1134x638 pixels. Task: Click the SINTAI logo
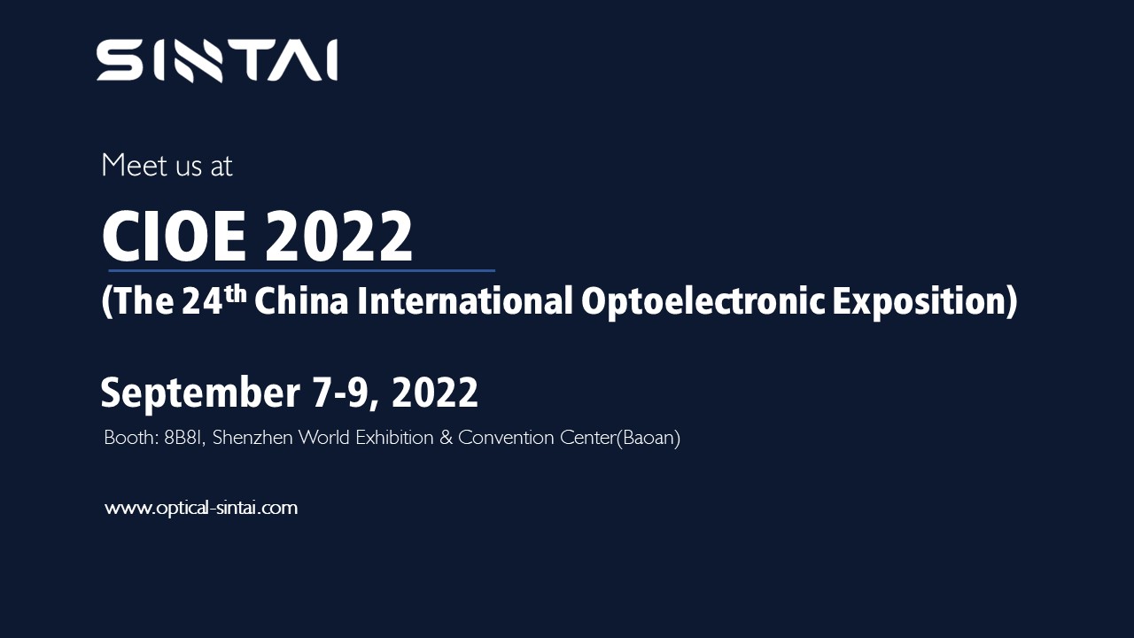(x=217, y=61)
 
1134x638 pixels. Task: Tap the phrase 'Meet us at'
(x=167, y=166)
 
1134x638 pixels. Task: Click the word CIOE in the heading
(x=175, y=237)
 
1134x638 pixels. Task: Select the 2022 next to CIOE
(x=339, y=237)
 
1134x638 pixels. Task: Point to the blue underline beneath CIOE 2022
(x=301, y=270)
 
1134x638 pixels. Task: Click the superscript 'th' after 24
(x=235, y=292)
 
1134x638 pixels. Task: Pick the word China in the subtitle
(x=300, y=301)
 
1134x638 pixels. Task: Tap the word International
(x=465, y=301)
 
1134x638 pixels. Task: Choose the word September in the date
(x=199, y=393)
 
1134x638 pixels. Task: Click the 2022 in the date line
(x=434, y=393)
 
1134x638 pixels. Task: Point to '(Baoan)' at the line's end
(x=648, y=438)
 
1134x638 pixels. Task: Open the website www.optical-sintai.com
(x=201, y=509)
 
